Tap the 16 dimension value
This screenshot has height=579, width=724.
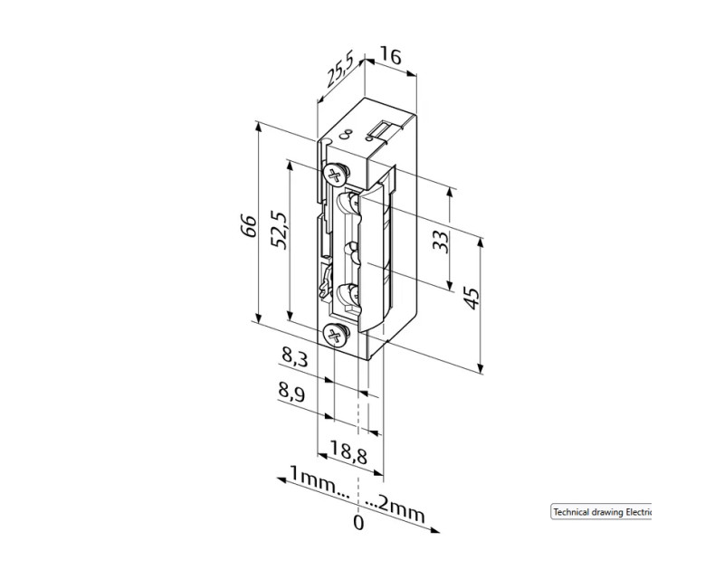point(391,55)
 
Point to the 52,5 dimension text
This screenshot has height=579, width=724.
point(281,230)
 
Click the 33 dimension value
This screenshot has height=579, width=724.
point(441,241)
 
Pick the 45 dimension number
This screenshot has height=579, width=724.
point(472,299)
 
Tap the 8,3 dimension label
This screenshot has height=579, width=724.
point(295,356)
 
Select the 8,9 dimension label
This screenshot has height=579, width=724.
point(291,392)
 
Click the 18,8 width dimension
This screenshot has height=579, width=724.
point(348,452)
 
